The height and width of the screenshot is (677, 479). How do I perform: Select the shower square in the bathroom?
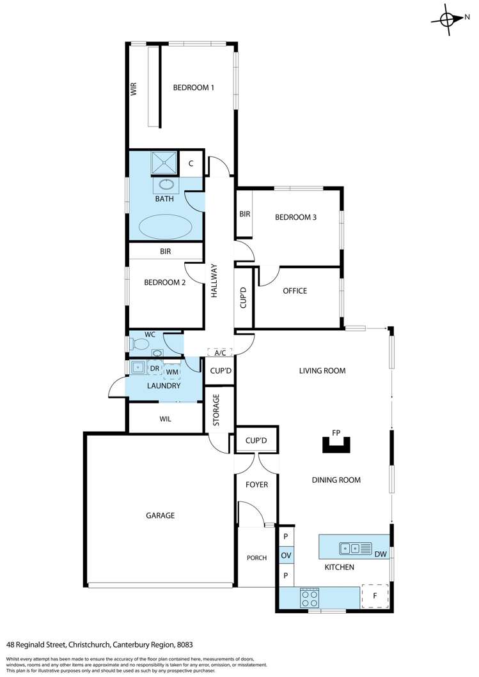tap(165, 163)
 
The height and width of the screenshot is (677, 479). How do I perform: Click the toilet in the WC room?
tap(137, 345)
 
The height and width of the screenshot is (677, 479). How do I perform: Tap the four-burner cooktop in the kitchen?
tap(310, 598)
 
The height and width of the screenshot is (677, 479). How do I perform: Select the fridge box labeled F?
tap(375, 597)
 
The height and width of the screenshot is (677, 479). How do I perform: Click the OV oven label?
tap(286, 556)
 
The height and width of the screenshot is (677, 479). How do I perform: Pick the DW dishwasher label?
tap(380, 554)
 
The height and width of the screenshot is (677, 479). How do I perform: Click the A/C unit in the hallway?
tap(219, 353)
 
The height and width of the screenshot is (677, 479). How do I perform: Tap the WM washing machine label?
tap(171, 371)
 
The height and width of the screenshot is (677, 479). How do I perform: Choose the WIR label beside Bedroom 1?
tap(134, 88)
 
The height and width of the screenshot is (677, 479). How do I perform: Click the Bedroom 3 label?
tap(295, 217)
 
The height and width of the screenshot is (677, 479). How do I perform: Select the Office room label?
tap(295, 291)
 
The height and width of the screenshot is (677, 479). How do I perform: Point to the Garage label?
tap(160, 515)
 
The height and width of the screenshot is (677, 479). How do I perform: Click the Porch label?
tap(256, 558)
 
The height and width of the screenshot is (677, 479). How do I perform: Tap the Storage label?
tap(216, 410)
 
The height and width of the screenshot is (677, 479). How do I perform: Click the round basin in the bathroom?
tap(166, 185)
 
